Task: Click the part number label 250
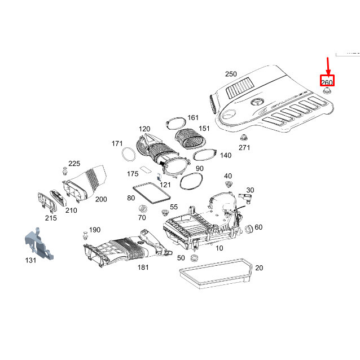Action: (x=231, y=74)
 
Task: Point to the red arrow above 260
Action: (x=327, y=65)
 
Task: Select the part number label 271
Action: (x=244, y=148)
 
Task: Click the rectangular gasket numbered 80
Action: (x=150, y=194)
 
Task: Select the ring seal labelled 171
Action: (x=128, y=152)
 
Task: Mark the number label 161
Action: (x=193, y=118)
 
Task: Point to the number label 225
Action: (x=74, y=164)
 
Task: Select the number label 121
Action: (x=165, y=185)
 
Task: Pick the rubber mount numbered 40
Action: (x=229, y=186)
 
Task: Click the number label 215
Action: (x=51, y=218)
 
